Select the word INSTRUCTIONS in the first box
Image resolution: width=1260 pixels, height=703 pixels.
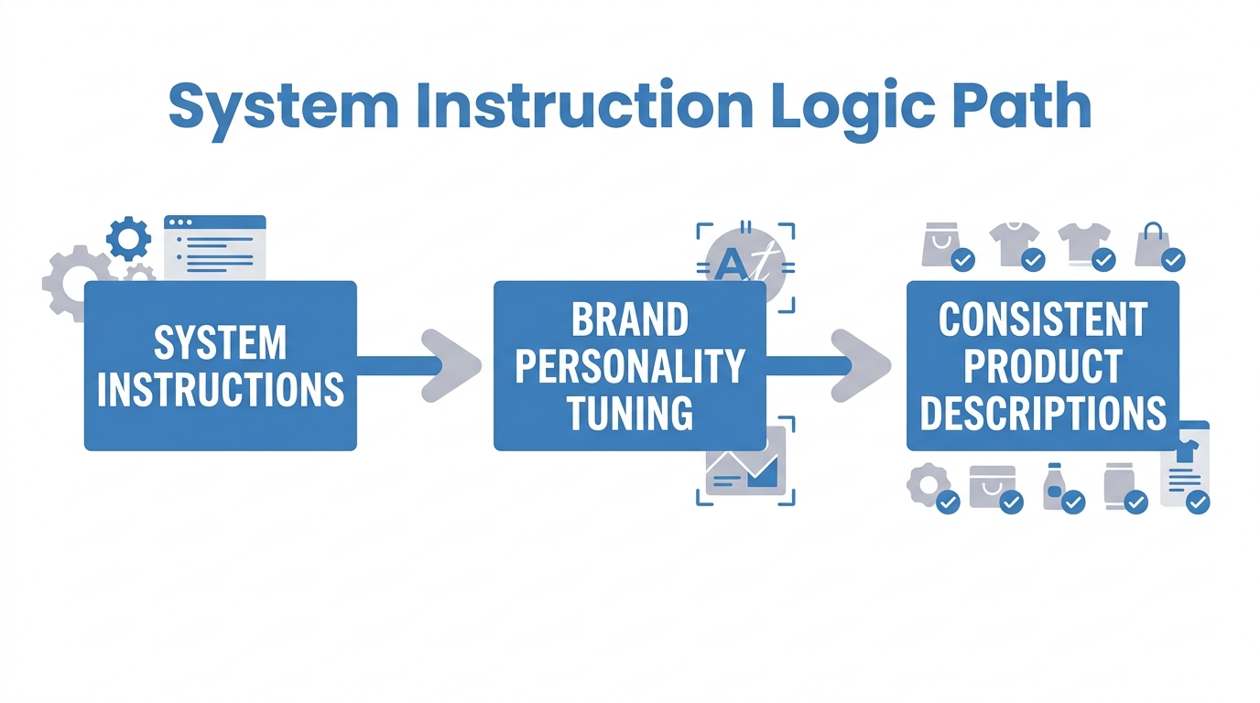pos(220,389)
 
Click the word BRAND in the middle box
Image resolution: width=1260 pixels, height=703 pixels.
pos(630,320)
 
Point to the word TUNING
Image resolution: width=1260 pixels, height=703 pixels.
pos(630,413)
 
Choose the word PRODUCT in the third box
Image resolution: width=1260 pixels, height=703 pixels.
pos(1042,367)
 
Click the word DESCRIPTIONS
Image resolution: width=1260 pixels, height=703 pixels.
pos(1042,413)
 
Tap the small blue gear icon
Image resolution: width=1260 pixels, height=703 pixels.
pos(128,238)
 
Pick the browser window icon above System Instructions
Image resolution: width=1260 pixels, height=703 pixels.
pos(215,247)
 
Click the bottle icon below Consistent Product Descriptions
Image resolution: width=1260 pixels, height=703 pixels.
pos(1054,485)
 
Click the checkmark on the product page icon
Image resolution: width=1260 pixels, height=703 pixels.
pos(1197,502)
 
